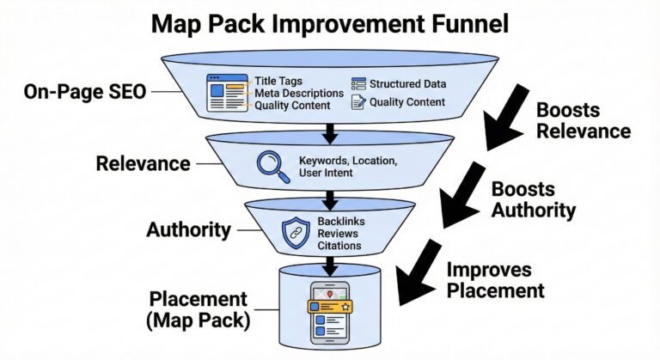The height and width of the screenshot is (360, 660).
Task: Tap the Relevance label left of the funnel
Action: point(142,162)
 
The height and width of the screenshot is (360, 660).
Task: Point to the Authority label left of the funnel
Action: point(187,229)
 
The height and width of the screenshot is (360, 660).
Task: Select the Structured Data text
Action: point(408,83)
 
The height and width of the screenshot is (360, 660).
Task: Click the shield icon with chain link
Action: point(295,232)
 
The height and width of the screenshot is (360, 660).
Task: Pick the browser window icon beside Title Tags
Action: point(225,90)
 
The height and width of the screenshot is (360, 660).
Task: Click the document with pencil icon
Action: point(358,103)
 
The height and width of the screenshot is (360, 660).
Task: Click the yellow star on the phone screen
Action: point(345,306)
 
